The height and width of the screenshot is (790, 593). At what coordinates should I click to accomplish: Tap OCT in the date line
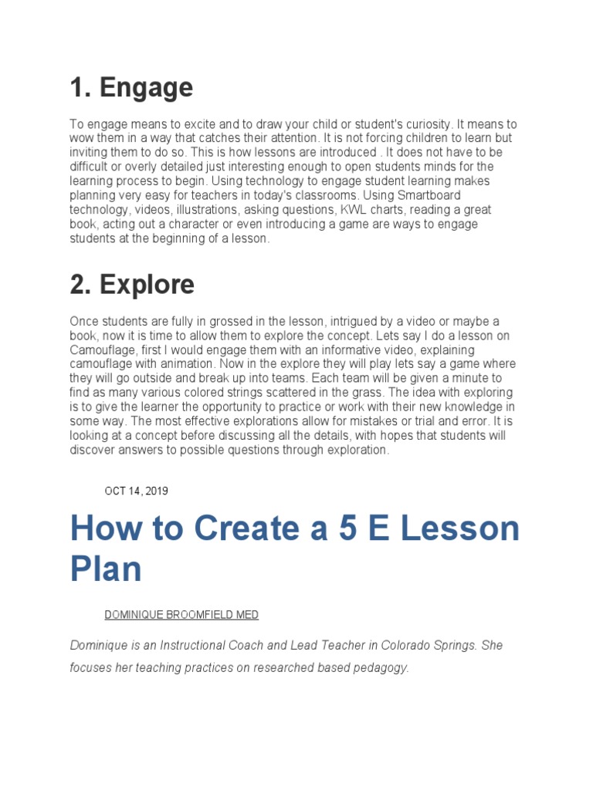tap(114, 491)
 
